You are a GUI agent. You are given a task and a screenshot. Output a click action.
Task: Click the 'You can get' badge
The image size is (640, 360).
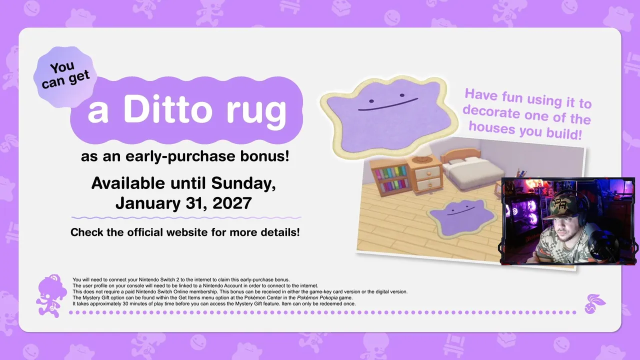(65, 76)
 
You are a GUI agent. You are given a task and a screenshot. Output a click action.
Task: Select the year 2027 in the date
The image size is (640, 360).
(232, 203)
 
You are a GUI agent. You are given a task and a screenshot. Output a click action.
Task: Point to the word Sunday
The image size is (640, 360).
(243, 183)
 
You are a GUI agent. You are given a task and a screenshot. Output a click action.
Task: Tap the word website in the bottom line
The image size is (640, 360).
(187, 232)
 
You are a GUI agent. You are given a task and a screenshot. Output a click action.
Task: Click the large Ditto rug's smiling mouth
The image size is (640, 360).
(387, 104)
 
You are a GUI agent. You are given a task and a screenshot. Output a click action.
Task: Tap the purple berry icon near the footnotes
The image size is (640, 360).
(594, 304)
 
